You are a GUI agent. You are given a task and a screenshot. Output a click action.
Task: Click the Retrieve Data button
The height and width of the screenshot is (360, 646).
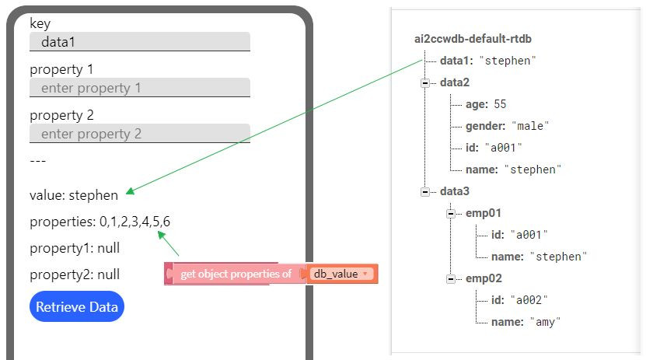[76, 306]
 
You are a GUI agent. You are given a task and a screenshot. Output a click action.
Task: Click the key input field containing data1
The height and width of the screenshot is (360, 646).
[140, 42]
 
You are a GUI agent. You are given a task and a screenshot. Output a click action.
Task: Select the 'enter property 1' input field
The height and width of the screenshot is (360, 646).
[140, 88]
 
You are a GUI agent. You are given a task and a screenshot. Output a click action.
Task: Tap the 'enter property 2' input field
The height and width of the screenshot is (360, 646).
[140, 134]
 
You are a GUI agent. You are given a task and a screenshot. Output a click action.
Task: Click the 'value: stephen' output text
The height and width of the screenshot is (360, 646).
[74, 195]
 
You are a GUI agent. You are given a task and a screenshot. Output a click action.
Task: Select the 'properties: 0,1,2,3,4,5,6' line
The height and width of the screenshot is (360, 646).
[100, 222]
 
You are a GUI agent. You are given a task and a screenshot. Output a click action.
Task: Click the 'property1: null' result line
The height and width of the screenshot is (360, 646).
[75, 248]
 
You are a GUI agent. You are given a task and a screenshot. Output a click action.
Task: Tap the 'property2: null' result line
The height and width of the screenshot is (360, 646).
[75, 274]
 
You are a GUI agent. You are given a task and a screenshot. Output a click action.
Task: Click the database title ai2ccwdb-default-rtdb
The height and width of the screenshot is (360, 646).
[473, 39]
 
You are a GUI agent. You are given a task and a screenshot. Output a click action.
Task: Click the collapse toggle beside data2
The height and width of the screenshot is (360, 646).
[424, 82]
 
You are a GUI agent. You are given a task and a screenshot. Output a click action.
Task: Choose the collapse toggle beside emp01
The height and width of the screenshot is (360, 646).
[450, 213]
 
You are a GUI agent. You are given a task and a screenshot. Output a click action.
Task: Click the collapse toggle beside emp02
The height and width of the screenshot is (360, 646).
[450, 278]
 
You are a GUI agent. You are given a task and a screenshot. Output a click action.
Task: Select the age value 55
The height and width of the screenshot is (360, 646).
[500, 104]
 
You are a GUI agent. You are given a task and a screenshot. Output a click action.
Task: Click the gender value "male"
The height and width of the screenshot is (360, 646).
[529, 126]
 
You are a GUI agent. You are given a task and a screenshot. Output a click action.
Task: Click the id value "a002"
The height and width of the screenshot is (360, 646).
[529, 300]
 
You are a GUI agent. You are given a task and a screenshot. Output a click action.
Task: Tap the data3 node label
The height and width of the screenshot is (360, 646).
[455, 191]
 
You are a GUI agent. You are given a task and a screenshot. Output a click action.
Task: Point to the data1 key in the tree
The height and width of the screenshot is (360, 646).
[456, 61]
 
